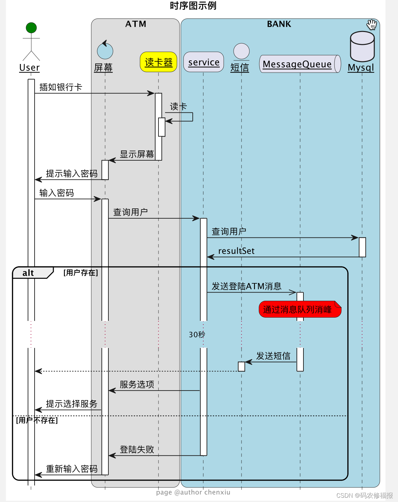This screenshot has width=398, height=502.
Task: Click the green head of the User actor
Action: (31, 28)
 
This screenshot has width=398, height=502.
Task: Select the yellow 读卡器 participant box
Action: (158, 62)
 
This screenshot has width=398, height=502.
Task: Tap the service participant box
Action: (204, 62)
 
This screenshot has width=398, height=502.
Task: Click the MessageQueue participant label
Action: (297, 64)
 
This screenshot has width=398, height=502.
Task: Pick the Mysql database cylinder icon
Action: (362, 47)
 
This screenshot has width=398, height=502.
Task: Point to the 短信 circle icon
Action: (241, 51)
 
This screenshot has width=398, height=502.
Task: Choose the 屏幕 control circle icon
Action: (105, 51)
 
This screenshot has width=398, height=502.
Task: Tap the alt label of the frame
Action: (28, 273)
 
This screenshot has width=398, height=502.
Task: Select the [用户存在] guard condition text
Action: (81, 273)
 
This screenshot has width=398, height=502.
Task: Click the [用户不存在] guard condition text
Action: (37, 420)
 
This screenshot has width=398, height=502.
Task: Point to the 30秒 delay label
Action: (197, 335)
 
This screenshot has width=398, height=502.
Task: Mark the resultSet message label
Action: (236, 251)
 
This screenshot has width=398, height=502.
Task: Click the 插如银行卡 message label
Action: (61, 87)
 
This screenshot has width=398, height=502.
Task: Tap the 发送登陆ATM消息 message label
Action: (246, 286)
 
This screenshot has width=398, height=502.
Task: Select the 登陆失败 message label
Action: (137, 449)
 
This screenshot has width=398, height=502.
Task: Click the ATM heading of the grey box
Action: (136, 24)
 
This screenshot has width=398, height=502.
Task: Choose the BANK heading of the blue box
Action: (279, 24)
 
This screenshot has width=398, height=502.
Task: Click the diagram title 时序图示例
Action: (193, 6)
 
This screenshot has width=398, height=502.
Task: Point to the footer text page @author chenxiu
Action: (193, 492)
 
